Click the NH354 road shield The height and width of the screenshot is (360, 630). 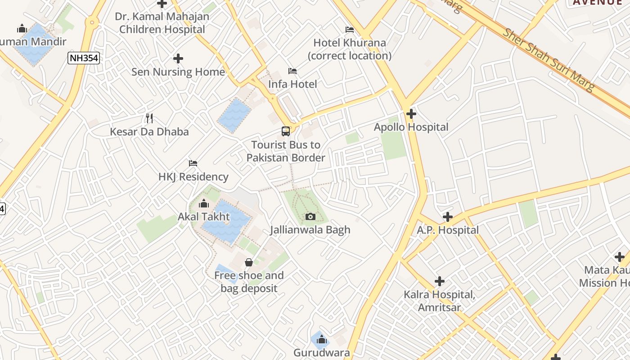click(84, 58)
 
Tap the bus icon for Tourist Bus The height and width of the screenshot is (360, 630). click(286, 131)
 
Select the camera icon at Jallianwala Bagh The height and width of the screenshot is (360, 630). click(310, 217)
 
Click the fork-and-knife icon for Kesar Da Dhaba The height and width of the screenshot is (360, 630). click(149, 118)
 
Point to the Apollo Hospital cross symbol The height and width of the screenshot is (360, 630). click(411, 114)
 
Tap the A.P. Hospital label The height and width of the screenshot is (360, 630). click(447, 230)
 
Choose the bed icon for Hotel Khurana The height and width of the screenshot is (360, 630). click(350, 30)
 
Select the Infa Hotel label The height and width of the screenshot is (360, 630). click(292, 84)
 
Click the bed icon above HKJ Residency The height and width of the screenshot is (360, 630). click(193, 163)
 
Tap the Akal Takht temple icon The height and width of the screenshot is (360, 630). click(204, 204)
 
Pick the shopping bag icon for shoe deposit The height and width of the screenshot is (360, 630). click(249, 262)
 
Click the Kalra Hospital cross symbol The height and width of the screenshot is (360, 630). click(440, 282)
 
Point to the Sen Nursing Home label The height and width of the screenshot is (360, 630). click(178, 72)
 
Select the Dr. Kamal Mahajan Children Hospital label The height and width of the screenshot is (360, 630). click(162, 23)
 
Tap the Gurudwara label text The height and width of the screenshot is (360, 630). click(321, 353)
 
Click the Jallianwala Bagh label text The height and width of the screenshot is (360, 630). click(310, 230)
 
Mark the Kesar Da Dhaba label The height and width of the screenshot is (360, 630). click(149, 132)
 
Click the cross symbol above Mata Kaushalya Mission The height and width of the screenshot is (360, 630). click(620, 257)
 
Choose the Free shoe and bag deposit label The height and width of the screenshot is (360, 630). click(249, 282)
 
